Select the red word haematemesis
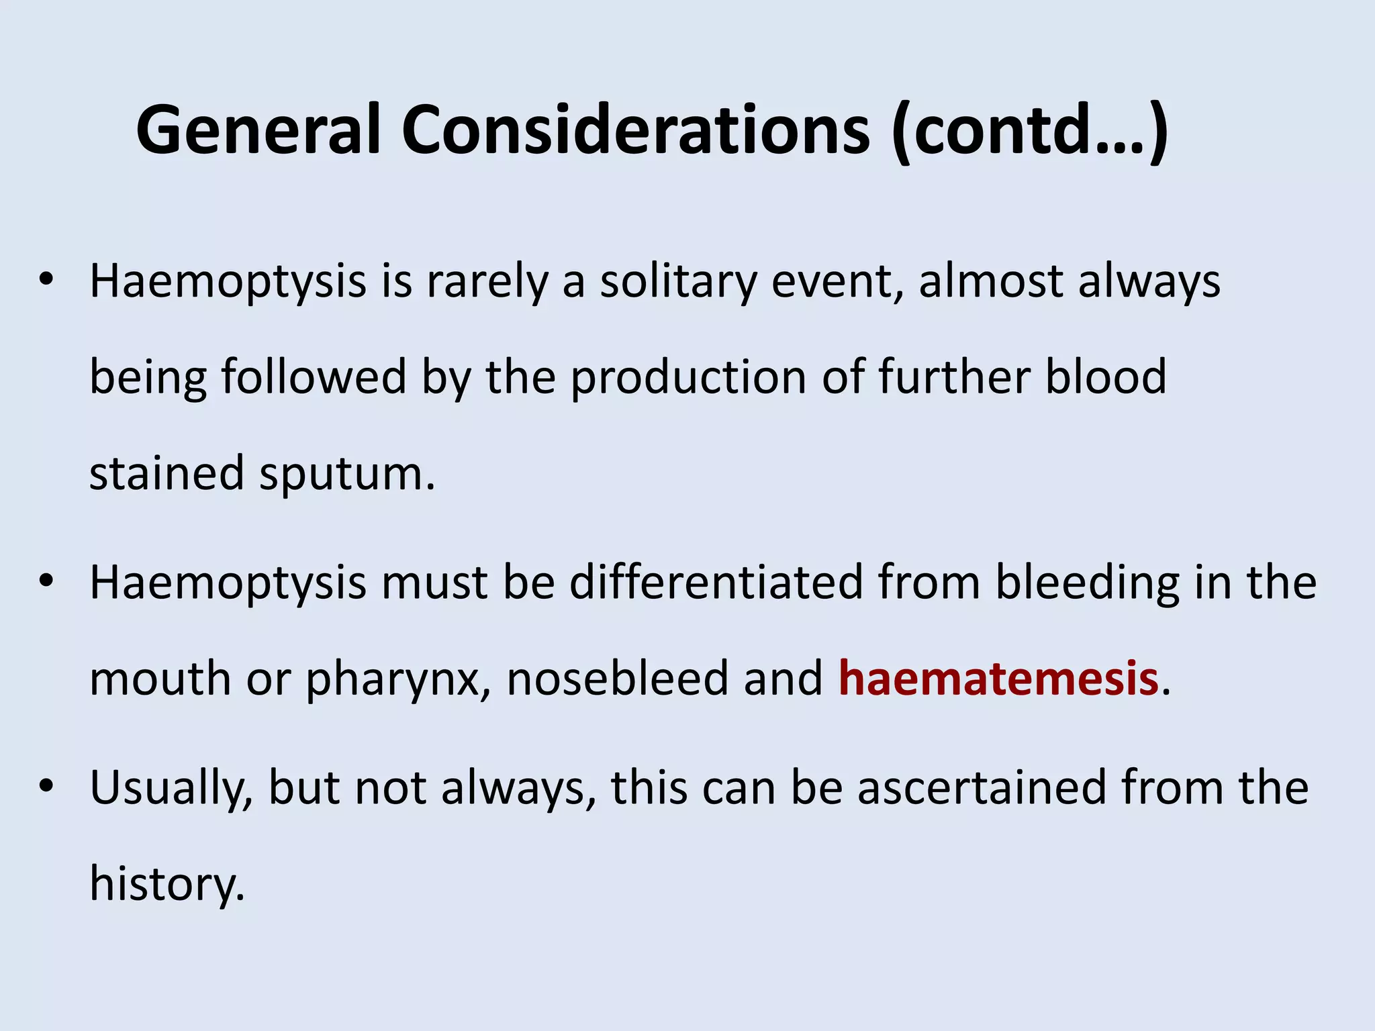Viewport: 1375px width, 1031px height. point(998,679)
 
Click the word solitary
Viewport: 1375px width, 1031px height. point(678,282)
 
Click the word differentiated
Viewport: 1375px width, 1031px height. point(716,582)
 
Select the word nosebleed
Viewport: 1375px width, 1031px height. point(617,679)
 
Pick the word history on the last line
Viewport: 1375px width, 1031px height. point(167,885)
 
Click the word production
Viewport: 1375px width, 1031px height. point(688,378)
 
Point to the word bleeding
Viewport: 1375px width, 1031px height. point(1087,582)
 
